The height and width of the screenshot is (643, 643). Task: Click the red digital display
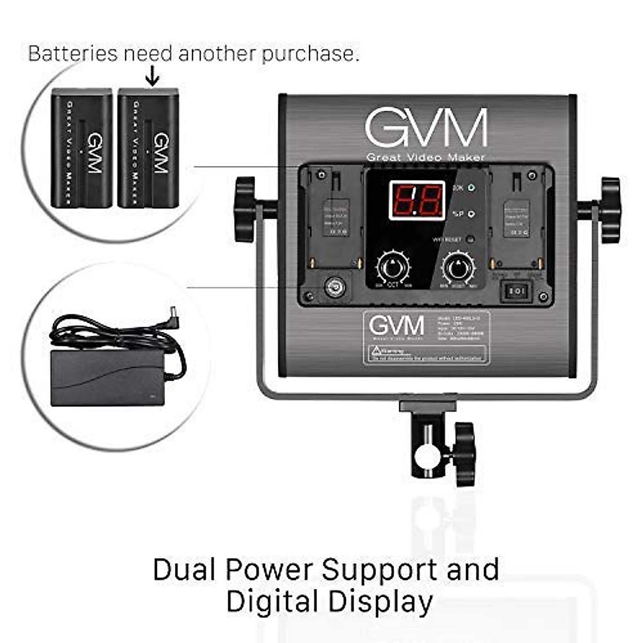pos(417,200)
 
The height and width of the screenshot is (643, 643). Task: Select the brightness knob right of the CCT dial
pos(458,267)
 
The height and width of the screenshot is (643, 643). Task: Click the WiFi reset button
pos(470,240)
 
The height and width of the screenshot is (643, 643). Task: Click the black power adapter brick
pos(107,377)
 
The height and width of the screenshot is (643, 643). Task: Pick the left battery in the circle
pos(81,148)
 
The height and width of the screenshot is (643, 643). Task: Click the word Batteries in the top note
pos(72,54)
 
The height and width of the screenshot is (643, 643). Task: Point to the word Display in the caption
pos(380,601)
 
